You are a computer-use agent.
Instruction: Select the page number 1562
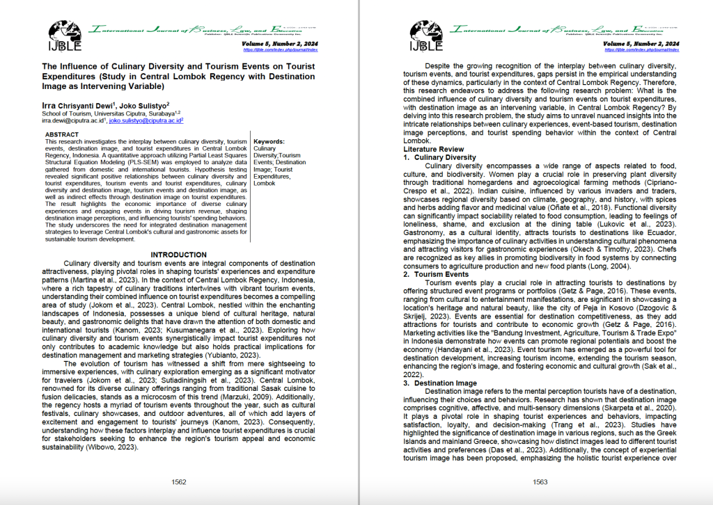click(178, 481)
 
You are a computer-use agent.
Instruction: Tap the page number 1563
click(540, 481)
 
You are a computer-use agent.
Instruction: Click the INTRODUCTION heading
click(178, 255)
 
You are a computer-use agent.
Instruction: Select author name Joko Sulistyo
click(144, 104)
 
